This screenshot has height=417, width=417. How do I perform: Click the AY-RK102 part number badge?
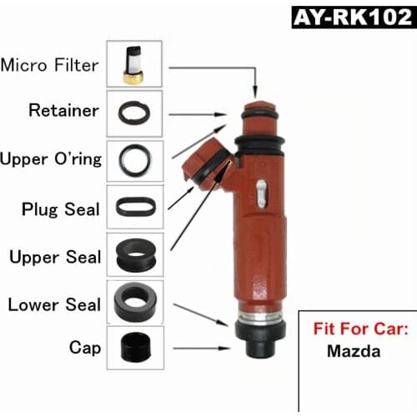(352, 18)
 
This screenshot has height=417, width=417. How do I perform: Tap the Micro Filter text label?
(51, 65)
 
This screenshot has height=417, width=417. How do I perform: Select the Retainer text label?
(63, 110)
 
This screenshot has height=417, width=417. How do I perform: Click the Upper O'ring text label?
(52, 158)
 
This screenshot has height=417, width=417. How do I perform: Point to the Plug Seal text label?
(61, 208)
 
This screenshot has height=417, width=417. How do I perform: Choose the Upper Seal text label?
(55, 256)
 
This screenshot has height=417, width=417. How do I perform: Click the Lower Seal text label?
(55, 304)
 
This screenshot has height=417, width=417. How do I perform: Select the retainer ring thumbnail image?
(134, 111)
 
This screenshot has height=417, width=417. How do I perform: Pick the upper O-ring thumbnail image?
(134, 158)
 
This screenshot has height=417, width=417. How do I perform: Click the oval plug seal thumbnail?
(134, 206)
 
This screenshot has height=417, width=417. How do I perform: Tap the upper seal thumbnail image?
(134, 254)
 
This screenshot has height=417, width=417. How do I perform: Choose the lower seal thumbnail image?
(134, 301)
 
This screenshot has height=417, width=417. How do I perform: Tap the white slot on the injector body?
(260, 193)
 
